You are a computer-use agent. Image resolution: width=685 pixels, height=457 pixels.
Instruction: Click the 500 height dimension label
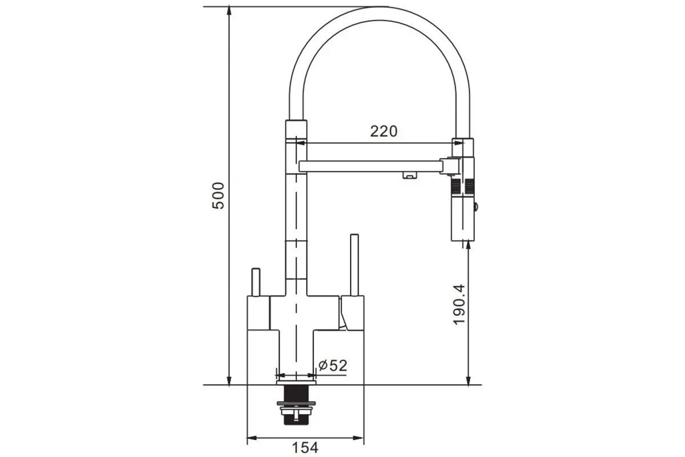218,195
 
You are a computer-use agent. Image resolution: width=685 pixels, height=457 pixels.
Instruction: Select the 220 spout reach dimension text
384,131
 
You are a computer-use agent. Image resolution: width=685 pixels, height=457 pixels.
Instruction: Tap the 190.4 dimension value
459,304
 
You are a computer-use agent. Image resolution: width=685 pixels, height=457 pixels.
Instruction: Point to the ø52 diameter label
333,366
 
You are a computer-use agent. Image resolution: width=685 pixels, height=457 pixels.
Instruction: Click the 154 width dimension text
305,448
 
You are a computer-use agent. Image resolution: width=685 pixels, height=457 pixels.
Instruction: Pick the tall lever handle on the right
354,265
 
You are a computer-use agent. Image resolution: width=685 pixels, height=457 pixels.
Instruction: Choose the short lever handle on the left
256,282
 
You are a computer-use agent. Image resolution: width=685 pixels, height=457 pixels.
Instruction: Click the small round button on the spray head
476,207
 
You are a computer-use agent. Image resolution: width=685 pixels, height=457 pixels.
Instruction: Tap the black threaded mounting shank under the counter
296,404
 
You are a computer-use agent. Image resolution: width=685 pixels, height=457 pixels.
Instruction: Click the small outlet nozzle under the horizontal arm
409,175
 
